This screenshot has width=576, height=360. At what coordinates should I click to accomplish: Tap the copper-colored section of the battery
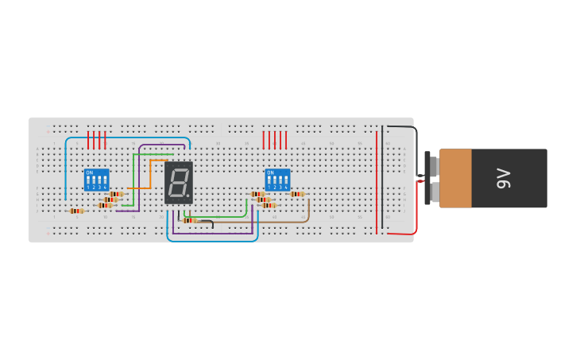(455, 178)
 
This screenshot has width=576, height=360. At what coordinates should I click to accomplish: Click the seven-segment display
(179, 182)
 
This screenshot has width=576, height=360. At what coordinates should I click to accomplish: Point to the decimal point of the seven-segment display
(188, 195)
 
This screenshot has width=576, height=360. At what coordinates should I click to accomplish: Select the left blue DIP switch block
(97, 179)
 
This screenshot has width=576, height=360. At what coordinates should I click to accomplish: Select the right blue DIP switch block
(278, 179)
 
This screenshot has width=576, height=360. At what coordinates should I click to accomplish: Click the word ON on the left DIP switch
(89, 172)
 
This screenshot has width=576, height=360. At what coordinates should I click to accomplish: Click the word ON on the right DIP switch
(270, 172)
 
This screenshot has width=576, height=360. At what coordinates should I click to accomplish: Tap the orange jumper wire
(150, 171)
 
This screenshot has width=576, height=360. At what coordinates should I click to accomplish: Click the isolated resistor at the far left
(76, 211)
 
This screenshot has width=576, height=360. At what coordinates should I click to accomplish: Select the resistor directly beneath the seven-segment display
(190, 220)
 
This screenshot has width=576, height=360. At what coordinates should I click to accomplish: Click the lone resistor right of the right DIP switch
(296, 194)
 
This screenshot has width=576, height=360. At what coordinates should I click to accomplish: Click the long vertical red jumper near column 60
(377, 183)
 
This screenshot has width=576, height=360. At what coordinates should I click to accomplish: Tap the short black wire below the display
(206, 222)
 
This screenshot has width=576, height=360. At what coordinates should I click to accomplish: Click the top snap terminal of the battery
(434, 166)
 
